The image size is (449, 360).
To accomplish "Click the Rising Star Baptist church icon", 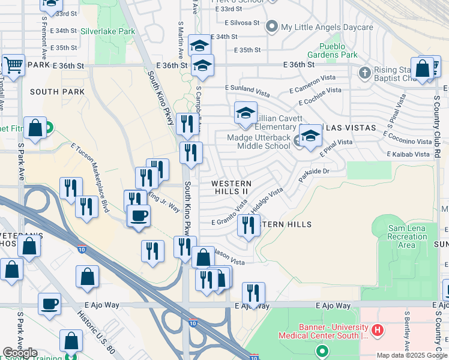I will (x=364, y=73).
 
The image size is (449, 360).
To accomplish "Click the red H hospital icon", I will (x=377, y=329).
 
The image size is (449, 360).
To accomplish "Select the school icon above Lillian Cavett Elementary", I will (x=246, y=113).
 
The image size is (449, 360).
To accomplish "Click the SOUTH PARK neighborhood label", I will (x=58, y=92).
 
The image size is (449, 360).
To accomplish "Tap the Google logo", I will (x=20, y=353).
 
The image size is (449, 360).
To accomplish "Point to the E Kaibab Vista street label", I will (x=408, y=154).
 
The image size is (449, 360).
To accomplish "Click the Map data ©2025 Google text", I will (x=411, y=355).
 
